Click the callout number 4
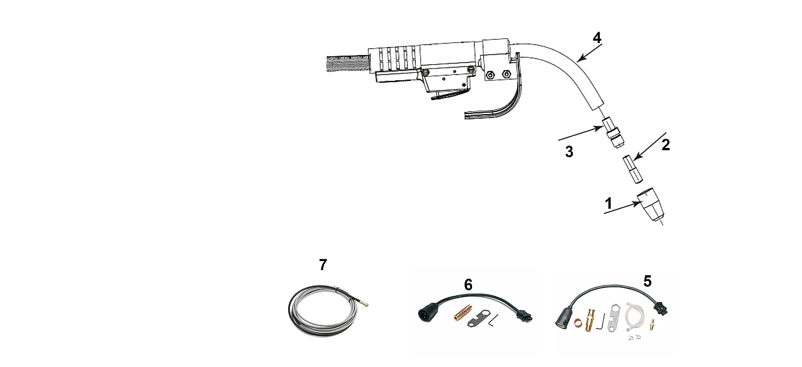tap(597, 38)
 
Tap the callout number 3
tap(569, 151)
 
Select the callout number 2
tap(666, 145)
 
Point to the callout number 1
tap(608, 204)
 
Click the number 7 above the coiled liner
tap(323, 265)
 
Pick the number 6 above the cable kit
tap(469, 284)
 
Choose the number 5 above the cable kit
tap(647, 282)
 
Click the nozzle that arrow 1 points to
tap(650, 206)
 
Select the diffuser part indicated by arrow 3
tap(612, 132)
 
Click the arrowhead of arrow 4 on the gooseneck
tap(580, 58)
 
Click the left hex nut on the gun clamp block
tap(489, 75)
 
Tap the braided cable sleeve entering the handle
tap(347, 64)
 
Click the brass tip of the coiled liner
tap(364, 304)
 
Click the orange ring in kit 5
tap(577, 322)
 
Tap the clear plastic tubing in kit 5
tap(635, 315)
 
